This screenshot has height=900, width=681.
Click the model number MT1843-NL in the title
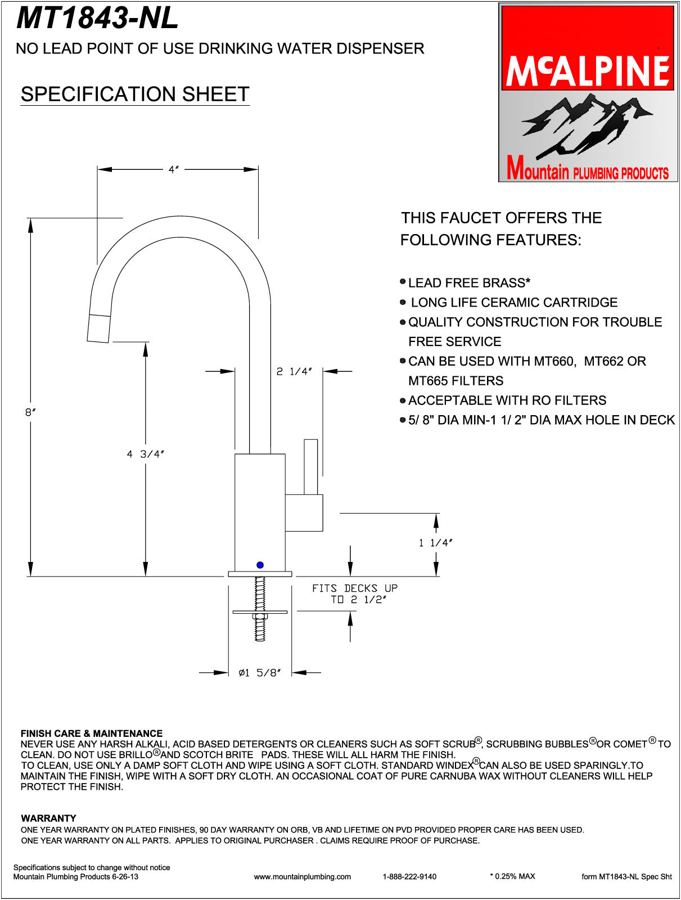tap(97, 18)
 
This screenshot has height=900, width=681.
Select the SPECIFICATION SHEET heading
tap(135, 94)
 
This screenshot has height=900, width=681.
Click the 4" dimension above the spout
tap(174, 169)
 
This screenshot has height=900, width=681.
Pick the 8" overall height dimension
tap(30, 412)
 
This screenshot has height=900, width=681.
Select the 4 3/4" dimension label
tap(145, 454)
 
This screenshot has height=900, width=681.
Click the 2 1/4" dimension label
tap(294, 372)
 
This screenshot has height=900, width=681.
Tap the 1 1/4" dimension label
tap(436, 543)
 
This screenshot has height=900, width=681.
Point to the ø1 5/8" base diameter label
tap(259, 673)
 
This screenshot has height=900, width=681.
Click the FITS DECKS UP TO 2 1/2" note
tap(355, 594)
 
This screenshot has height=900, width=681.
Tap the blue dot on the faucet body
tap(260, 565)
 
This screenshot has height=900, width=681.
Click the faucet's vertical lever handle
tap(310, 466)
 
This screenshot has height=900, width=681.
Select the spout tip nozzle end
tap(98, 328)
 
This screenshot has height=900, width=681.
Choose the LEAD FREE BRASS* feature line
tap(469, 282)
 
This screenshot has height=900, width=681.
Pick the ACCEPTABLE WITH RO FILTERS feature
tap(507, 400)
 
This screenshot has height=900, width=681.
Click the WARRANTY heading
tap(48, 818)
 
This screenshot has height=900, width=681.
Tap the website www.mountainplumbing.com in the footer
tap(302, 876)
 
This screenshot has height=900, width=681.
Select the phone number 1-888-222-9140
tap(409, 876)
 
